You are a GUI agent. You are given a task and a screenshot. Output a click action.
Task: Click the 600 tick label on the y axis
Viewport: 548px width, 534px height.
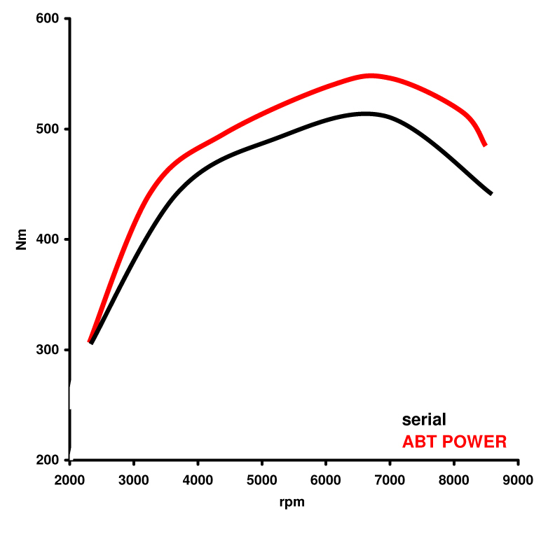(x=48, y=19)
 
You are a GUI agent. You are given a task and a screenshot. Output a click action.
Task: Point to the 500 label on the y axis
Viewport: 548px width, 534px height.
(x=48, y=129)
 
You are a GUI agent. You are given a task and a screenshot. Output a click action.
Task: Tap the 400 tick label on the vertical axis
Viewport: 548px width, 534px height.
(x=48, y=239)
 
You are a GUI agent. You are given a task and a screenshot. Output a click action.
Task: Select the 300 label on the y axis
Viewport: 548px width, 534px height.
(x=48, y=350)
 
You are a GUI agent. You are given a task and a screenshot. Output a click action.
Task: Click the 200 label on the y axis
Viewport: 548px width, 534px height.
(x=48, y=461)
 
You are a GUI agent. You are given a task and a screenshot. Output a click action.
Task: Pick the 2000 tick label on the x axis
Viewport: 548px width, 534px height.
(x=70, y=482)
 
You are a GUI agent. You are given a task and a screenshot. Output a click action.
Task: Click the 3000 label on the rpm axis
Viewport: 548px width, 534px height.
(x=134, y=482)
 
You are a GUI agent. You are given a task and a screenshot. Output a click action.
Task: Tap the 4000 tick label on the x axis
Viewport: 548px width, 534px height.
(x=198, y=482)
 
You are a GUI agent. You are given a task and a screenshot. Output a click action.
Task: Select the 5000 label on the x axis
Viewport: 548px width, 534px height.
(x=262, y=482)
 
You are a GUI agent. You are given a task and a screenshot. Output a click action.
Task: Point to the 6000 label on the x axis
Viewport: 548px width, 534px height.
(x=326, y=482)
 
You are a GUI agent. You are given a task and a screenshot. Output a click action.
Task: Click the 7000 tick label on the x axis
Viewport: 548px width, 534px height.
(x=390, y=482)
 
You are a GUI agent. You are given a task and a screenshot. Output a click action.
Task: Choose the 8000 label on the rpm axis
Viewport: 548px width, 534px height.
(x=454, y=482)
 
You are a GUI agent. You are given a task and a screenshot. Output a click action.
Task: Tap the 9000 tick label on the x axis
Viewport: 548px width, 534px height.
(x=519, y=482)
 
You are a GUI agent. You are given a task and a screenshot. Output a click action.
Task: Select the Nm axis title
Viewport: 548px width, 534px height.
(x=22, y=240)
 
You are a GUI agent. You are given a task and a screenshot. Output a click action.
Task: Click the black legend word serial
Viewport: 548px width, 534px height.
(x=424, y=420)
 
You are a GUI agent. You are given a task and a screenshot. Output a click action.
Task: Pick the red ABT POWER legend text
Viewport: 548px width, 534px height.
(x=454, y=442)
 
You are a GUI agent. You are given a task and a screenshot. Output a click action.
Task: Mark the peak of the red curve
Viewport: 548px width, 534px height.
(x=371, y=76)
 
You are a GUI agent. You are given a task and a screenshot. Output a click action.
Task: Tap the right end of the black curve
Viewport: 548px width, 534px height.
(x=491, y=193)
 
